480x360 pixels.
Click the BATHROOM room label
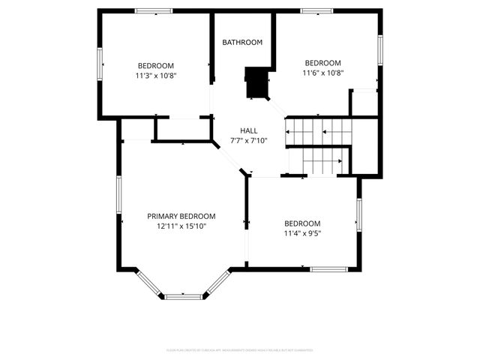point(242,43)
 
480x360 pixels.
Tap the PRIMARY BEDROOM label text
point(181,216)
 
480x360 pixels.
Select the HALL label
point(249,130)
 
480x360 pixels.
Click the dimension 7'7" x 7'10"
point(249,141)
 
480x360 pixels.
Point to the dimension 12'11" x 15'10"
point(181,226)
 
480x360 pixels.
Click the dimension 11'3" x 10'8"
point(156,76)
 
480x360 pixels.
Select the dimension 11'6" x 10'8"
point(322,73)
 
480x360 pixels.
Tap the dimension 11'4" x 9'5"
point(302,233)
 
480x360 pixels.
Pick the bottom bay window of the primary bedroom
point(184,296)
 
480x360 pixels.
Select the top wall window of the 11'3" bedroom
point(154,10)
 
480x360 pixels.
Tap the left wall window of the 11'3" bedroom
point(100,63)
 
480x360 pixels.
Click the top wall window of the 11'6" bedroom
point(316,10)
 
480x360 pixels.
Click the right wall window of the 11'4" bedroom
point(359,214)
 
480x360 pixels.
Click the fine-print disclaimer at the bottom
point(239,350)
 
